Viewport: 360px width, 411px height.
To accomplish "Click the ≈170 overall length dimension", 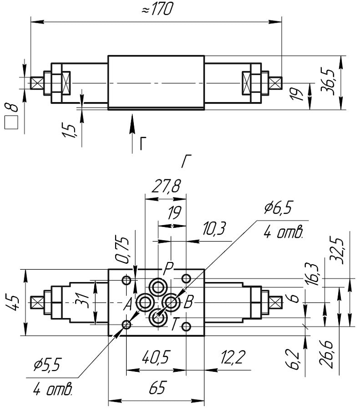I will [x=157, y=10].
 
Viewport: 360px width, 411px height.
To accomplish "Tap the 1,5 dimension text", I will [x=70, y=132].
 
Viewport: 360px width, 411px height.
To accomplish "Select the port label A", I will [x=128, y=303].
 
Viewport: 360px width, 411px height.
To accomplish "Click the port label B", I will [x=189, y=301].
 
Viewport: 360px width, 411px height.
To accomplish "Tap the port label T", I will [x=175, y=324].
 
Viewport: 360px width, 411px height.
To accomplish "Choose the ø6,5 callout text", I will [x=278, y=209].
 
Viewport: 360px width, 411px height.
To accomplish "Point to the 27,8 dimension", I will [x=165, y=187].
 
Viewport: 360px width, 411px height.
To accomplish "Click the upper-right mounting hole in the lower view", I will [x=186, y=278].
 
